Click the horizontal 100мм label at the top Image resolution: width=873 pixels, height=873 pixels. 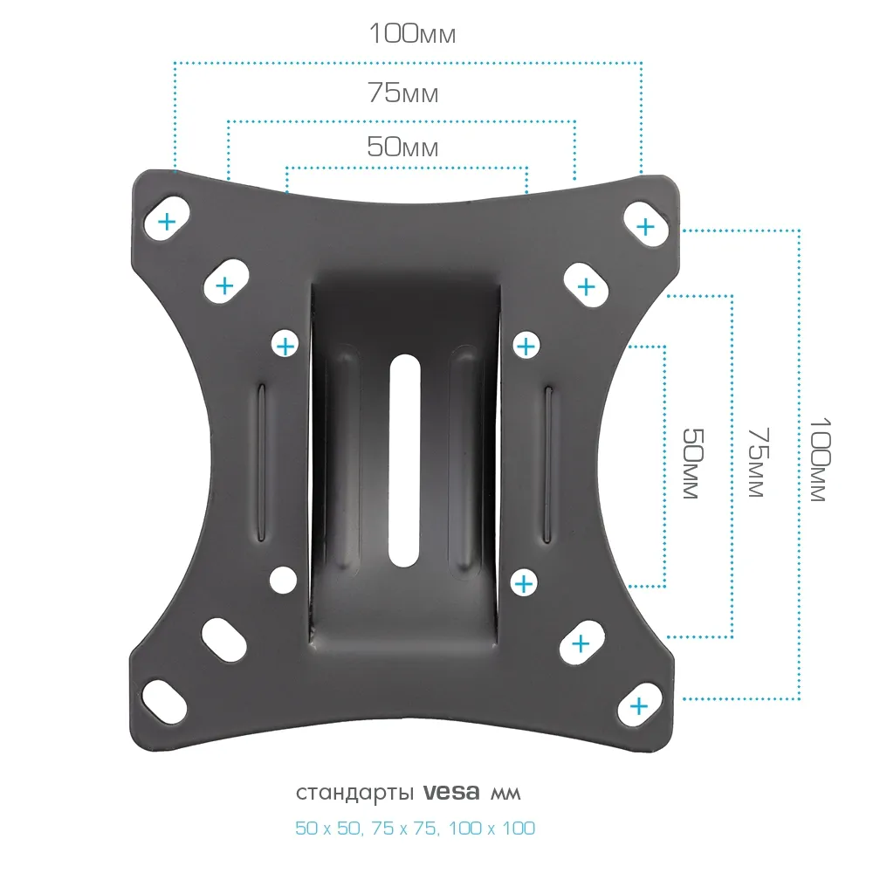pyautogui.click(x=413, y=33)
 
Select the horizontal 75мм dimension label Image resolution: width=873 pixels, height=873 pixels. pyautogui.click(x=403, y=93)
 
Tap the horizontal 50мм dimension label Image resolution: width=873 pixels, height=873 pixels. pyautogui.click(x=402, y=147)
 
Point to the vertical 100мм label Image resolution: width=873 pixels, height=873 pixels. pyautogui.click(x=820, y=459)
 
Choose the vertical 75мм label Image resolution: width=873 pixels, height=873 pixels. pyautogui.click(x=759, y=462)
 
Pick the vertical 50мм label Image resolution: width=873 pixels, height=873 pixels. pyautogui.click(x=693, y=464)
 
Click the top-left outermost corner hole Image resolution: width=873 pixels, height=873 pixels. pyautogui.click(x=167, y=218)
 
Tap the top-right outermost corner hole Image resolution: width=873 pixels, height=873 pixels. pyautogui.click(x=646, y=223)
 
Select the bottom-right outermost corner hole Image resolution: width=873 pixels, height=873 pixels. pyautogui.click(x=640, y=704)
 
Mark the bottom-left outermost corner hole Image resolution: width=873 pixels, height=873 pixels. pyautogui.click(x=164, y=702)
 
